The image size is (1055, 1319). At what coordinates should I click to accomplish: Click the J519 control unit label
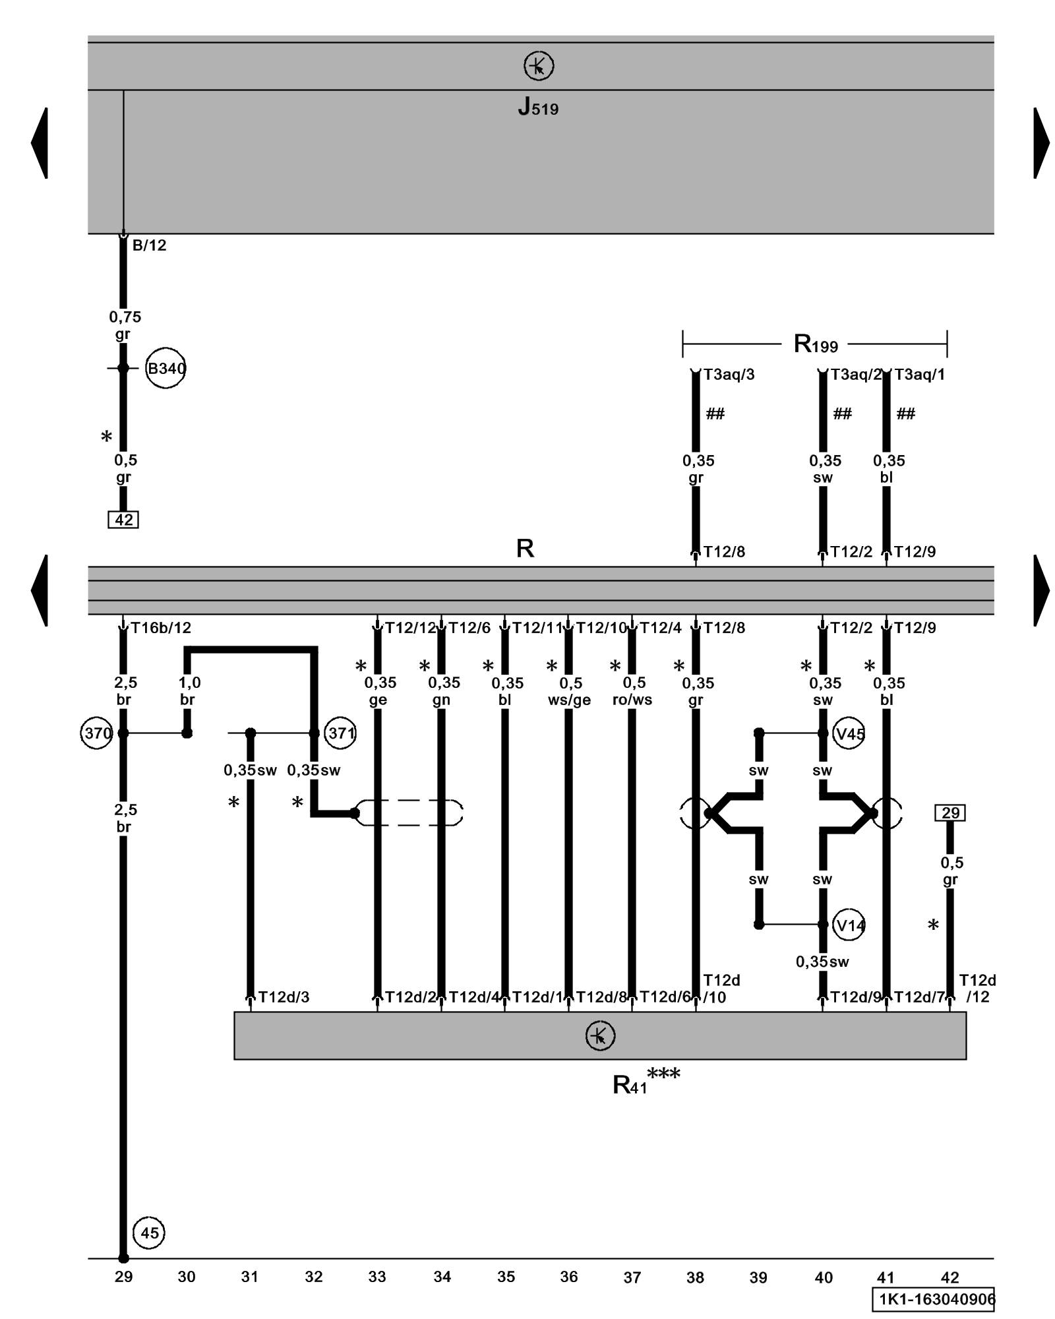(538, 107)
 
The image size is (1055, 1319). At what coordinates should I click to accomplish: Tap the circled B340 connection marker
(166, 368)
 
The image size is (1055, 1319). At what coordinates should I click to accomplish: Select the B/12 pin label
(149, 245)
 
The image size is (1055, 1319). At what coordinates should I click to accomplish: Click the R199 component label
(816, 344)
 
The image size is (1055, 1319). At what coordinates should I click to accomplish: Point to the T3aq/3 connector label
(729, 375)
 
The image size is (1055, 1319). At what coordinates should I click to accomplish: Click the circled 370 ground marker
(97, 733)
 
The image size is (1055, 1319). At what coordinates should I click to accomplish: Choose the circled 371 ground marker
(340, 733)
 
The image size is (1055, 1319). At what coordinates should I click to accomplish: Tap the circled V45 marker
(849, 733)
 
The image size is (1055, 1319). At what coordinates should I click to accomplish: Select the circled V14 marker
(849, 925)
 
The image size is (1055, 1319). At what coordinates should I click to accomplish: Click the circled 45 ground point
(149, 1233)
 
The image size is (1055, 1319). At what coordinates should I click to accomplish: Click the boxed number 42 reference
(123, 520)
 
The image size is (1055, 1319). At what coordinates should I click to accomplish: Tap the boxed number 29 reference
(950, 813)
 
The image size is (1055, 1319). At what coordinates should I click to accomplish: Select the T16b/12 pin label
(161, 628)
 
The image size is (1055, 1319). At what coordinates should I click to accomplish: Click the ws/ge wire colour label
(569, 700)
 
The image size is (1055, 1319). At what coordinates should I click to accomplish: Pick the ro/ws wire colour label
(632, 700)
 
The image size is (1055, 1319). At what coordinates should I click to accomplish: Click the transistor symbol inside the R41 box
(600, 1035)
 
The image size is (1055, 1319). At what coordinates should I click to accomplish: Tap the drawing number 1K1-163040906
(933, 1299)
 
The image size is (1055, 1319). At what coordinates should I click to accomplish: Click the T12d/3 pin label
(284, 997)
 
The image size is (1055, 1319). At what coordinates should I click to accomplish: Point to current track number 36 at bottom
(569, 1277)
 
